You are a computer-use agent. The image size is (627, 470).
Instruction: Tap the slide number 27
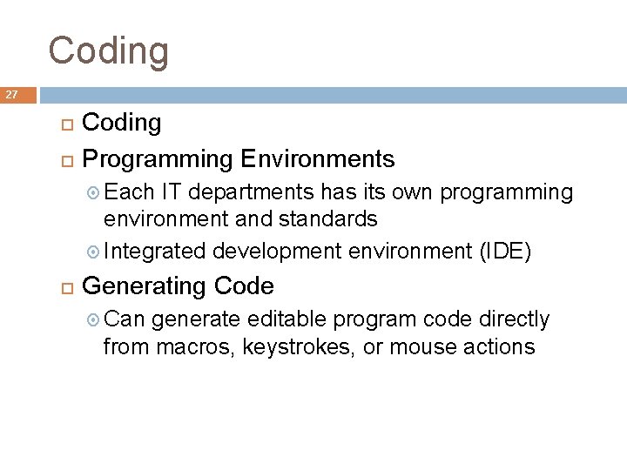[12, 95]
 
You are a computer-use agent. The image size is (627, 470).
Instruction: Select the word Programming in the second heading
[157, 159]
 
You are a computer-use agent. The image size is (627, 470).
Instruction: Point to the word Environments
[318, 159]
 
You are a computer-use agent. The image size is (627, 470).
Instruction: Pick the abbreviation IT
[172, 191]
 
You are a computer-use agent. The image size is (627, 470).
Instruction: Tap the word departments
[253, 192]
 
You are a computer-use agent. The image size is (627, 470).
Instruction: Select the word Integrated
[154, 252]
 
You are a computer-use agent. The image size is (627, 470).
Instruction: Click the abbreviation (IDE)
[507, 252]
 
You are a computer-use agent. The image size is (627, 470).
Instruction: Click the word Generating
[144, 286]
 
